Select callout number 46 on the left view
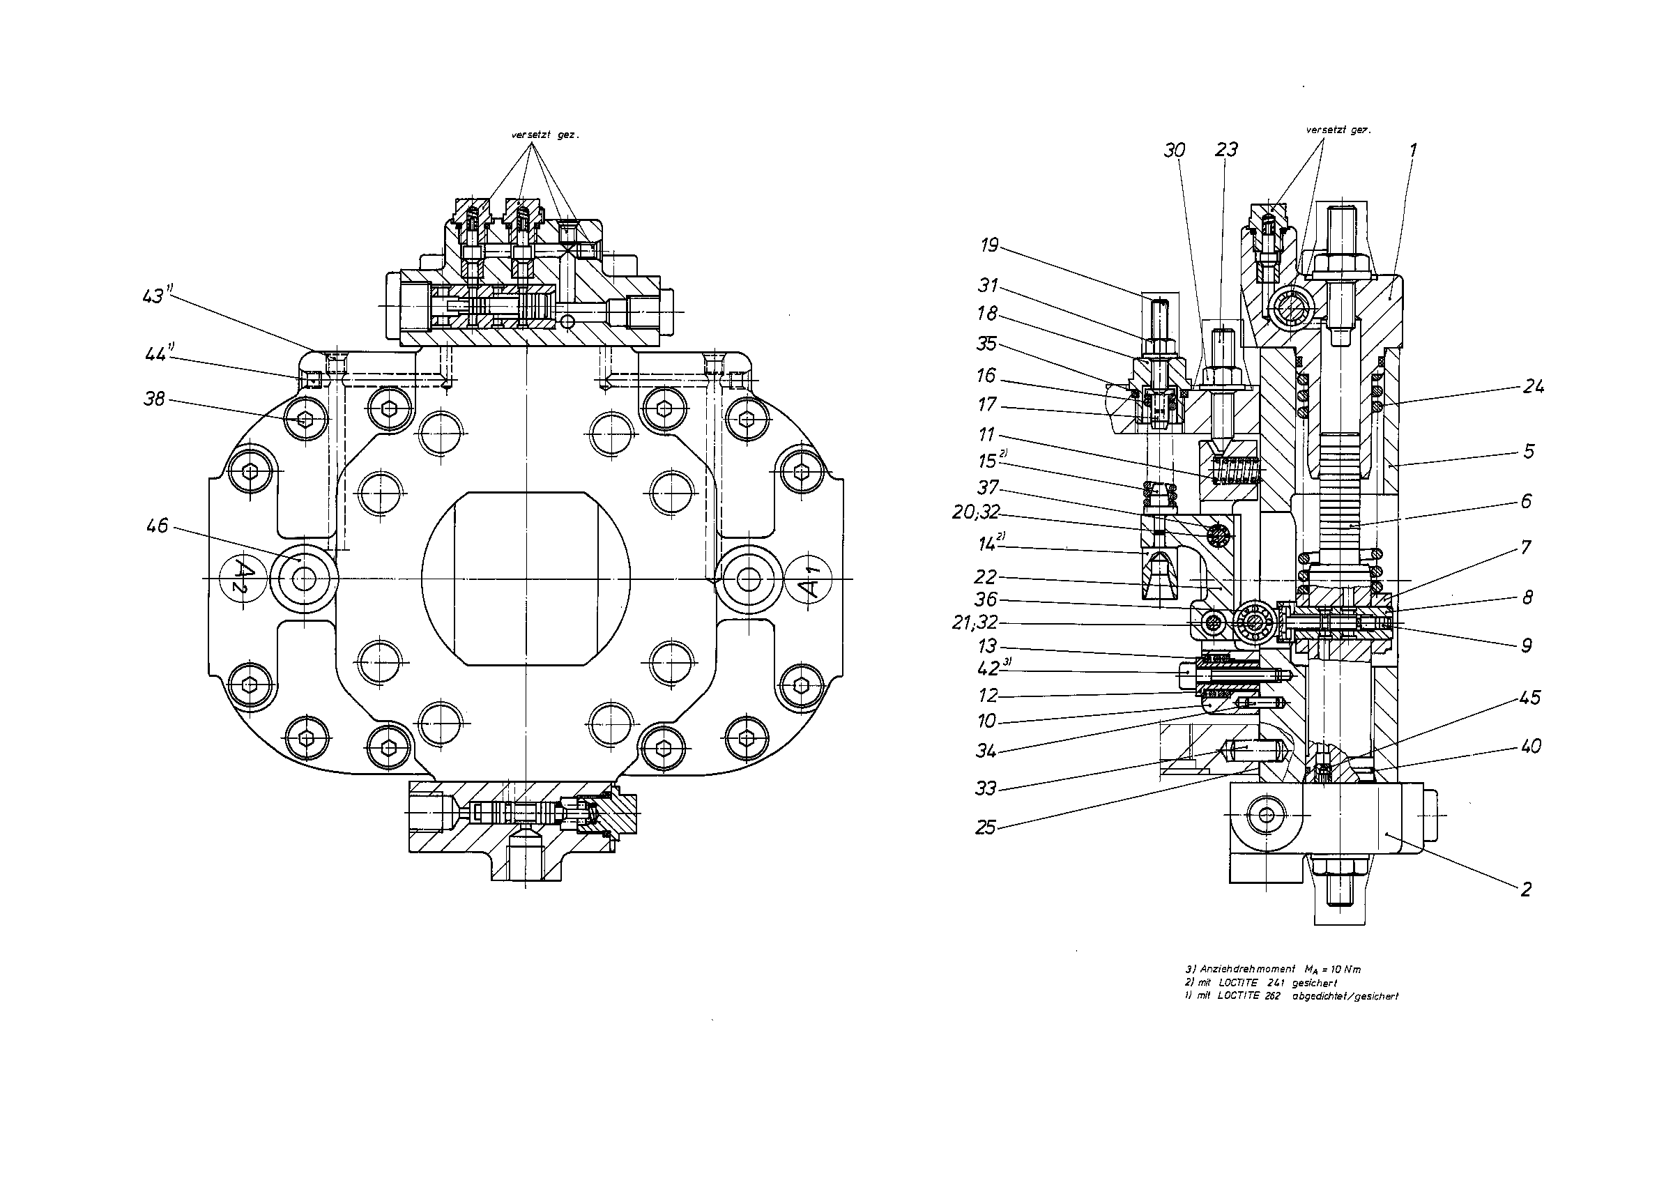158,526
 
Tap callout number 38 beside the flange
155,399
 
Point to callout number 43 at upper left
155,296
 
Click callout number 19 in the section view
990,245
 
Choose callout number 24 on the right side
1533,387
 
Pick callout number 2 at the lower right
1526,889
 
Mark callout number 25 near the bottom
986,827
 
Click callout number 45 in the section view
1529,698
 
